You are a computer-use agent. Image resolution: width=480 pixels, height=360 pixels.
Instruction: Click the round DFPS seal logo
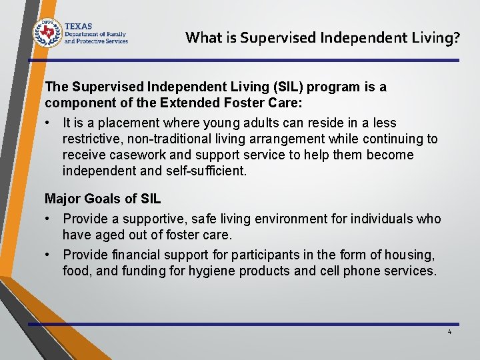pyautogui.click(x=47, y=31)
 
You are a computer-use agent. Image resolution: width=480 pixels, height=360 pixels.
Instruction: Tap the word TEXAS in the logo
pyautogui.click(x=79, y=25)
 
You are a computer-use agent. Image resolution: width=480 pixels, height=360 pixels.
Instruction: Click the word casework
pyautogui.click(x=131, y=155)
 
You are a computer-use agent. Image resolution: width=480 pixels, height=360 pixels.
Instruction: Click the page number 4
pyautogui.click(x=449, y=331)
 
